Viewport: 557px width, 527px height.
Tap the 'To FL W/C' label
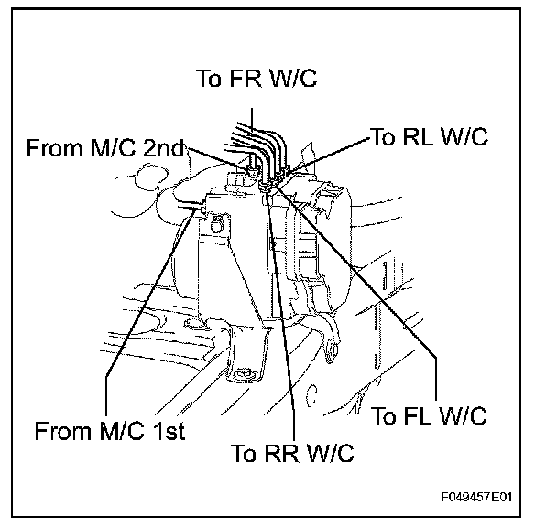coord(428,416)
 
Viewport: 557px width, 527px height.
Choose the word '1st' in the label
coord(164,430)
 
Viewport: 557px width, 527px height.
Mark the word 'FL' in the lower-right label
coord(420,416)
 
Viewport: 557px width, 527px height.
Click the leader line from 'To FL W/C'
coord(366,293)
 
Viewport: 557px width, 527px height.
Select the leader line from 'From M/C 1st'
coord(147,311)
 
